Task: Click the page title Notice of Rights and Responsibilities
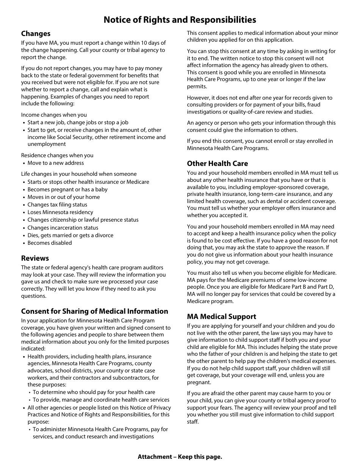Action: pyautogui.click(x=180, y=20)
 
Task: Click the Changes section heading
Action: pyautogui.click(x=36, y=34)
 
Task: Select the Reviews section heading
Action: pyautogui.click(x=35, y=258)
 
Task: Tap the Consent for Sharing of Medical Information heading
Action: pyautogui.click(x=94, y=311)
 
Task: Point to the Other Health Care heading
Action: pyautogui.click(x=217, y=163)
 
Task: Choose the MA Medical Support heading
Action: pyautogui.click(x=221, y=316)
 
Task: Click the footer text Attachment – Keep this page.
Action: pyautogui.click(x=180, y=457)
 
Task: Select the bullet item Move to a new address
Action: pyautogui.click(x=55, y=163)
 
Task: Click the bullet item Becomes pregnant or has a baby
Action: pyautogui.click(x=67, y=189)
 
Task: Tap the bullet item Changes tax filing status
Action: pyautogui.click(x=57, y=205)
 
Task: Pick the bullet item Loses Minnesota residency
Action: pyautogui.click(x=60, y=212)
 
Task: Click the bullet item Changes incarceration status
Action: pyautogui.click(x=63, y=228)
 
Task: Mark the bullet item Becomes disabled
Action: pyautogui.click(x=49, y=243)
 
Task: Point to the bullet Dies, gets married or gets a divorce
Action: pyautogui.click(x=70, y=235)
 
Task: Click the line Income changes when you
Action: pyautogui.click(x=54, y=115)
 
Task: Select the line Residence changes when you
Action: pyautogui.click(x=57, y=155)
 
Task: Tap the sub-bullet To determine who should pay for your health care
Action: pyautogui.click(x=94, y=392)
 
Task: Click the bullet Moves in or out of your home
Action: pyautogui.click(x=63, y=197)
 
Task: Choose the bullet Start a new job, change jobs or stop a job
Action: pyautogui.click(x=78, y=122)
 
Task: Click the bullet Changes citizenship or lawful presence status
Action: pyautogui.click(x=83, y=220)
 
